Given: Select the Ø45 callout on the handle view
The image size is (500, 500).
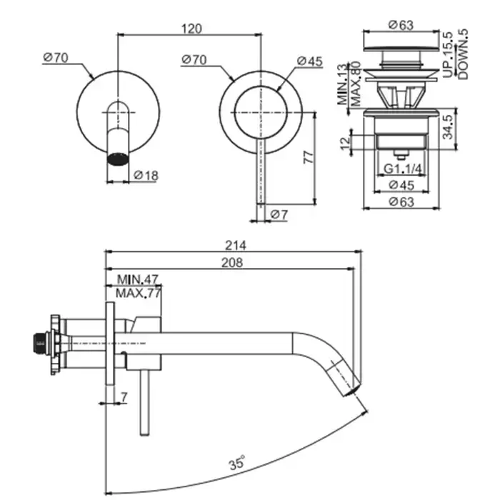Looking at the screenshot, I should (311, 61).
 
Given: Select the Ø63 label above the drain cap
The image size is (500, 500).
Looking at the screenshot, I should (401, 24).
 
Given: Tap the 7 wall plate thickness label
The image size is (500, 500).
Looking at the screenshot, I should (124, 396).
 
